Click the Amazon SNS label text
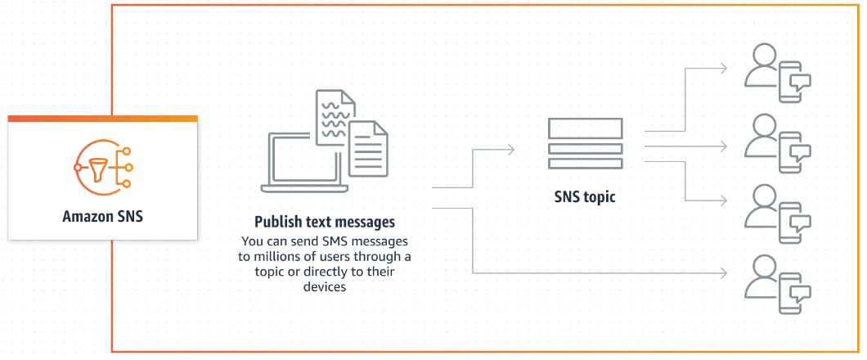[x=102, y=217]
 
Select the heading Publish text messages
[x=325, y=222]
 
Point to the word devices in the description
[x=325, y=287]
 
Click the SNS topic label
[x=585, y=197]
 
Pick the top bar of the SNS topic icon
[x=585, y=128]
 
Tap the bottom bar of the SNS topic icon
[x=585, y=164]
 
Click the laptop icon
[x=303, y=164]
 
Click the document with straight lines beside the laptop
[x=368, y=147]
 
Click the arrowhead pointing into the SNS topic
[x=511, y=149]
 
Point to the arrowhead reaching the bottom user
[x=725, y=272]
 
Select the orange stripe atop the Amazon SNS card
[x=102, y=119]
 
